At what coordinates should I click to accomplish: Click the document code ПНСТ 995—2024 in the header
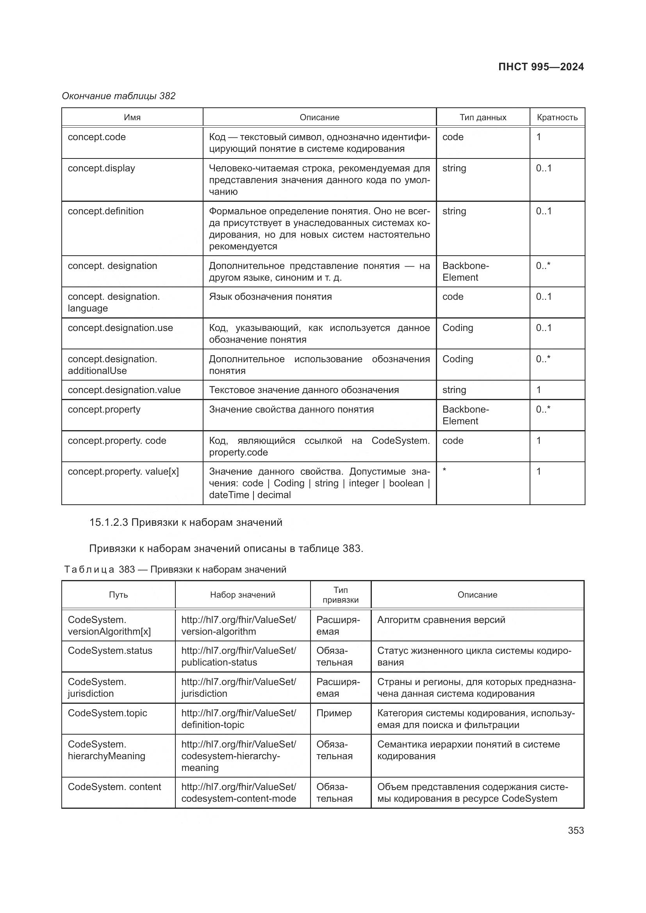(541, 67)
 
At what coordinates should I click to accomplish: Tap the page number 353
(576, 830)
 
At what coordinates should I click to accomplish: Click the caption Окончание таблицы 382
(119, 96)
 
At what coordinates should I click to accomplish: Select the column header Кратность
(557, 117)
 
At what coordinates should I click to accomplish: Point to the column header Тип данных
(482, 117)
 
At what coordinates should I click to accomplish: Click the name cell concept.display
(102, 168)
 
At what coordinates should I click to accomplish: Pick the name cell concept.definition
(105, 211)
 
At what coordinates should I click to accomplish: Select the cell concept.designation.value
(124, 390)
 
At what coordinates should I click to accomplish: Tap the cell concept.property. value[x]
(123, 472)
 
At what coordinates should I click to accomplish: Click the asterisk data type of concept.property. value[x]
(444, 471)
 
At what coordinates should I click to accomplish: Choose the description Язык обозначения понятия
(270, 297)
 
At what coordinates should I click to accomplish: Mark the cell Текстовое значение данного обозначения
(303, 390)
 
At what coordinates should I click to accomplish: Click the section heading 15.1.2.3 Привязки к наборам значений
(186, 522)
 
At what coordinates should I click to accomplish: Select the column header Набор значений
(243, 595)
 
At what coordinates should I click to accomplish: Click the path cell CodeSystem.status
(110, 651)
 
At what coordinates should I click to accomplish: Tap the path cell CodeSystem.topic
(107, 713)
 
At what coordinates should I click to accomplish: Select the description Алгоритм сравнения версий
(441, 620)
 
